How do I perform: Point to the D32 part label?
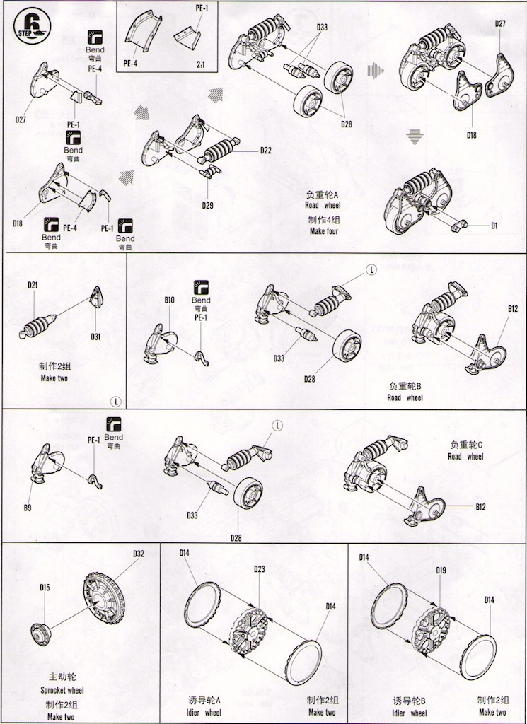[139, 554]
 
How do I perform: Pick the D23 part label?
[259, 569]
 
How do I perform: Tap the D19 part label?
[441, 570]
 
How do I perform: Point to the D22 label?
[266, 149]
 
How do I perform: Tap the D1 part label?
[494, 226]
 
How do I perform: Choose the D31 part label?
[95, 337]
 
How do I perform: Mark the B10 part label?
[169, 300]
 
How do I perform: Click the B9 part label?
[28, 507]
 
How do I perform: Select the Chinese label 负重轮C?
[465, 445]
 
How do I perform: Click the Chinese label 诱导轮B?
[408, 701]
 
